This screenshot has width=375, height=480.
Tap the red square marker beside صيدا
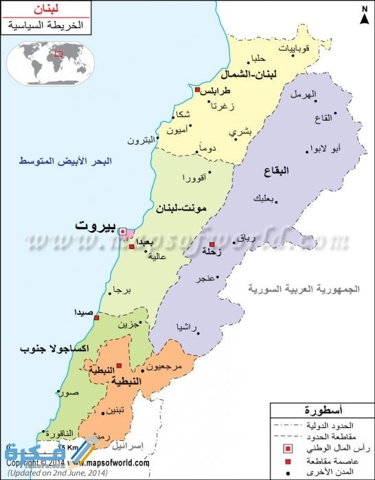pyautogui.click(x=97, y=318)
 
